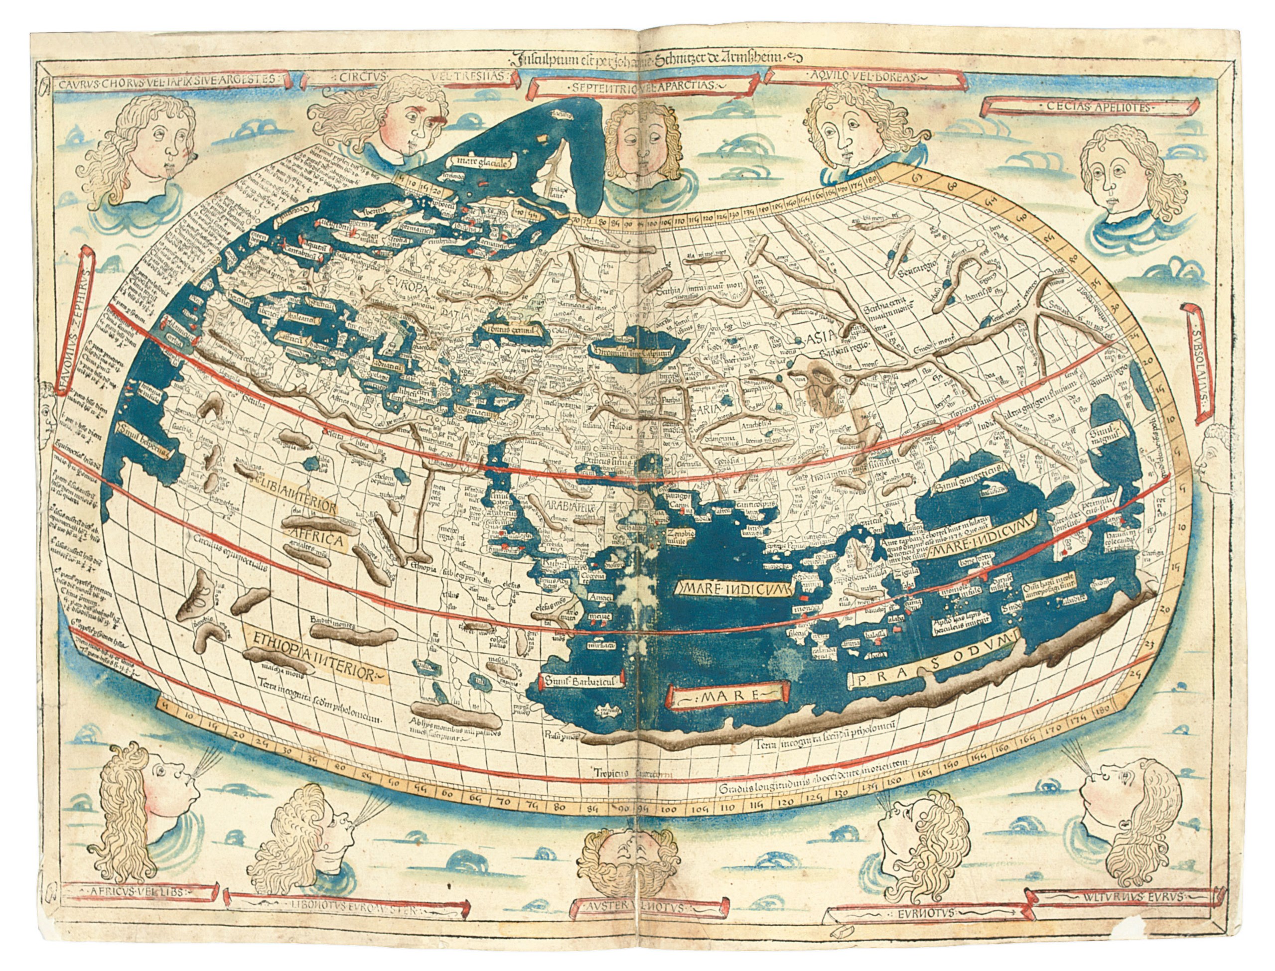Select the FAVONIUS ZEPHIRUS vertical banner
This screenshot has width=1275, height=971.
pyautogui.click(x=85, y=317)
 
